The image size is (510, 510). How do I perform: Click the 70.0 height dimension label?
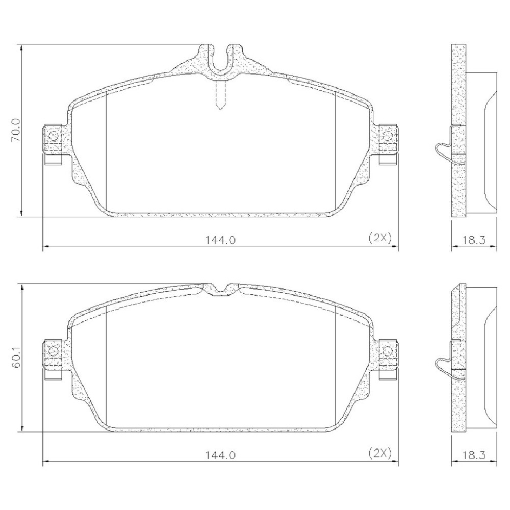pyautogui.click(x=16, y=130)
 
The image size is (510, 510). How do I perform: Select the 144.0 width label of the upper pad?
pyautogui.click(x=220, y=240)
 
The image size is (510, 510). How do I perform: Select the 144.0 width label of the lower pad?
pyautogui.click(x=220, y=455)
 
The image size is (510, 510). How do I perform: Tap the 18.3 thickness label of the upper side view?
pyautogui.click(x=474, y=240)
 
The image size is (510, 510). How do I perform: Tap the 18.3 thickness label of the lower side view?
pyautogui.click(x=474, y=455)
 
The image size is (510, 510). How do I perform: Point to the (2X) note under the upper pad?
pyautogui.click(x=380, y=238)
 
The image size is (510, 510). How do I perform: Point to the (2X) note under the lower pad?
pyautogui.click(x=380, y=453)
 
